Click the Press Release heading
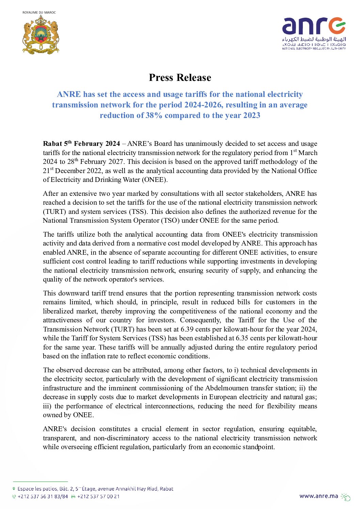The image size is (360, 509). pyautogui.click(x=180, y=78)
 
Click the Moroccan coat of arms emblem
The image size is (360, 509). pyautogui.click(x=40, y=34)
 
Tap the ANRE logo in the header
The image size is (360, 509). pyautogui.click(x=313, y=33)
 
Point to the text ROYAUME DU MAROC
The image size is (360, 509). pyautogui.click(x=39, y=13)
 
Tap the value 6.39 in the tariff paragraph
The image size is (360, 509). pyautogui.click(x=187, y=329)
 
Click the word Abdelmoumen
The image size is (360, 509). pyautogui.click(x=227, y=388)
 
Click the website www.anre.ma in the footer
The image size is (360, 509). pyautogui.click(x=319, y=496)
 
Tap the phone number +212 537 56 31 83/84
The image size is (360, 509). pyautogui.click(x=43, y=496)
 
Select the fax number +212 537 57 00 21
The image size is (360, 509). pyautogui.click(x=98, y=496)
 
